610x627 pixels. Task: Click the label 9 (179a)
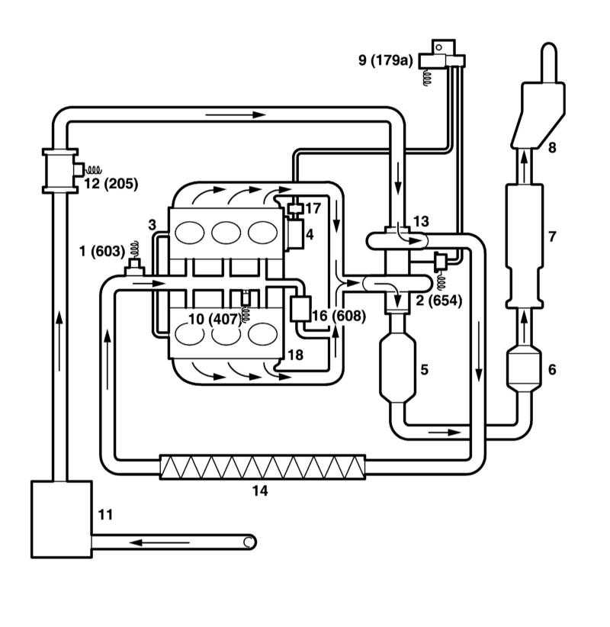point(386,60)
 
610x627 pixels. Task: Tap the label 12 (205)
point(111,184)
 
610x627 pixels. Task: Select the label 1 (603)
point(102,251)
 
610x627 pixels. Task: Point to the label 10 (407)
point(215,319)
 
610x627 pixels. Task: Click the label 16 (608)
point(339,316)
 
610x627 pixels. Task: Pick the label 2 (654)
point(439,301)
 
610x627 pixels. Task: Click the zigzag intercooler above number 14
point(262,467)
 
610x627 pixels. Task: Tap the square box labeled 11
point(62,519)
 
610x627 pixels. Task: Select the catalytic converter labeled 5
point(397,368)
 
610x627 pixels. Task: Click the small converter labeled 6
point(524,369)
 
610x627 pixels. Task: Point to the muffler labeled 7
point(525,246)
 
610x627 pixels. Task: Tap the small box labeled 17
point(296,209)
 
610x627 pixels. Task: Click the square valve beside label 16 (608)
point(300,309)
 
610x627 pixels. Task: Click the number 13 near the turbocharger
point(421,221)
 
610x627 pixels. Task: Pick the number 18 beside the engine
point(295,355)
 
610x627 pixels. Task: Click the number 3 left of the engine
point(152,225)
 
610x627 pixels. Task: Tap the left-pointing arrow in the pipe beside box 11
point(159,542)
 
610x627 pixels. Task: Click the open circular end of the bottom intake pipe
point(249,542)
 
